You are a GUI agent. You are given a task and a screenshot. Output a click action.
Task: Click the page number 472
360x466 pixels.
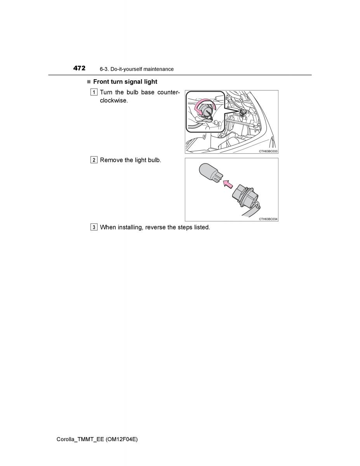coord(79,68)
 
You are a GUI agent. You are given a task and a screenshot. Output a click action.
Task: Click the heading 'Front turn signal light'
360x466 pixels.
coord(125,82)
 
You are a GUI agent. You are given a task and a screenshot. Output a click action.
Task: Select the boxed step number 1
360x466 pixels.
coord(94,92)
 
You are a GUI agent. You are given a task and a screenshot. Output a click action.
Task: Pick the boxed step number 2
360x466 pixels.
coord(94,160)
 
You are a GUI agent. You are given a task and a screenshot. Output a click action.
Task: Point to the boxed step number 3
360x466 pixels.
coord(94,227)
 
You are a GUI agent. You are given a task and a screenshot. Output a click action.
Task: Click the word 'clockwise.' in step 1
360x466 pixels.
coord(114,100)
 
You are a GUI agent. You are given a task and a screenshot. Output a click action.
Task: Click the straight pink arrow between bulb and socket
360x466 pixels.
coord(228,184)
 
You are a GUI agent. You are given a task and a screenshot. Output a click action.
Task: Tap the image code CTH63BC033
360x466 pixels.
coord(268,151)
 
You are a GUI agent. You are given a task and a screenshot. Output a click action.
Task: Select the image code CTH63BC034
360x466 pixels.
coord(268,219)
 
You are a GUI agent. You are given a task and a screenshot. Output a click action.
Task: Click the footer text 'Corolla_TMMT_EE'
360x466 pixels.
coord(80,440)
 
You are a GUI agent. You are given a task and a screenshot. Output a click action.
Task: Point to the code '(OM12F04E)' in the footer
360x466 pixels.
coord(122,440)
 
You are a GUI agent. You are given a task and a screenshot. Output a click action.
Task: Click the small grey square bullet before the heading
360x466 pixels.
coord(89,82)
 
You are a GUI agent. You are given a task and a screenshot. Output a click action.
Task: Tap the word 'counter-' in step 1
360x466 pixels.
coord(169,92)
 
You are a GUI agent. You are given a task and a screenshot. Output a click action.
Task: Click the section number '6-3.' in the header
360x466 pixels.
coord(104,69)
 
